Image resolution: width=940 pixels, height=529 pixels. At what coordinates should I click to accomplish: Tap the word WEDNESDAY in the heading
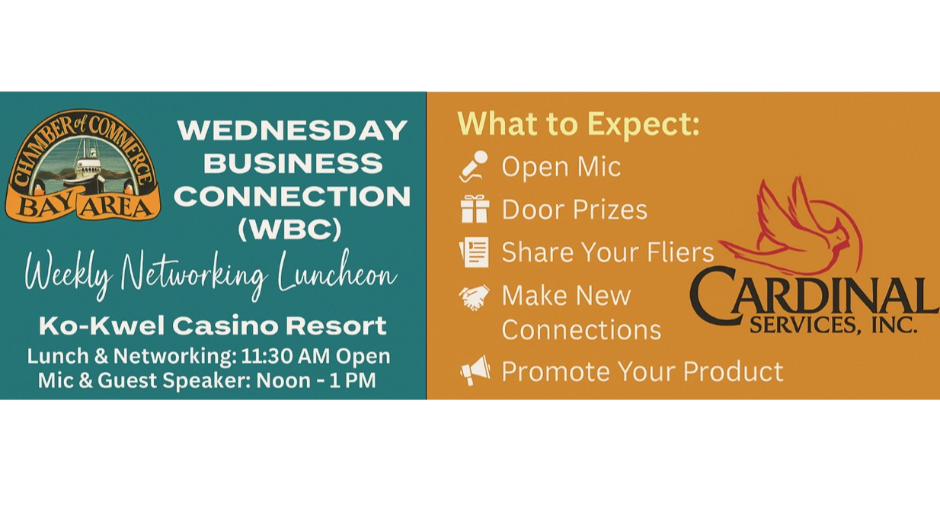click(293, 130)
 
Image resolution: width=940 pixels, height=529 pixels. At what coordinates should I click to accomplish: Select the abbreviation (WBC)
click(289, 229)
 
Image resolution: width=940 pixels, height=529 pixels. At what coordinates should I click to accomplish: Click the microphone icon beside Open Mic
click(474, 166)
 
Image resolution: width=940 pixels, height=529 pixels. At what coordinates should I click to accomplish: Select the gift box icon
click(474, 209)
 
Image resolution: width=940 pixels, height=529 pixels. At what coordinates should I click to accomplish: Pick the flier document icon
click(474, 252)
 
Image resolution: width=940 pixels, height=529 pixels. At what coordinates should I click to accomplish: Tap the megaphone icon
click(475, 371)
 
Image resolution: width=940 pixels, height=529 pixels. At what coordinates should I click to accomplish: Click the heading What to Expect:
click(578, 124)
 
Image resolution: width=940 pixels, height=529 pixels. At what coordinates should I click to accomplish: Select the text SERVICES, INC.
click(833, 326)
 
